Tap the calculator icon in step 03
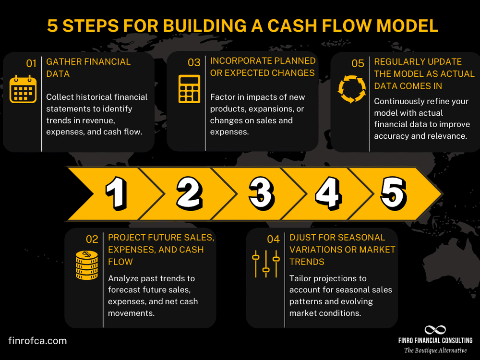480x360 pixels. [189, 89]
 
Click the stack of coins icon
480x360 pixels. [86, 265]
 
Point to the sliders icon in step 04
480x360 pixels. [266, 264]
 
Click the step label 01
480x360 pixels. [31, 62]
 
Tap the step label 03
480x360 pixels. [194, 62]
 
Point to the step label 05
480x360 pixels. [358, 62]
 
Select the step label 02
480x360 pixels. [92, 239]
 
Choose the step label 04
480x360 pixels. [273, 239]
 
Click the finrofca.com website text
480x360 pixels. [37, 341]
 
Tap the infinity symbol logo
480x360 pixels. [435, 330]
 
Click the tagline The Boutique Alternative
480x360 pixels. [435, 351]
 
